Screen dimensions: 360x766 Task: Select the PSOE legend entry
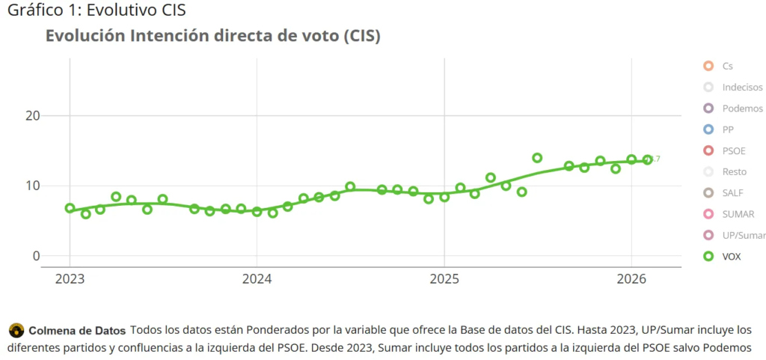click(x=733, y=150)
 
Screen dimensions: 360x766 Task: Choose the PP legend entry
click(x=728, y=129)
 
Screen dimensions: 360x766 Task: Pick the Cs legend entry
click(x=727, y=66)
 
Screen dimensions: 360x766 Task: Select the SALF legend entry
click(x=732, y=193)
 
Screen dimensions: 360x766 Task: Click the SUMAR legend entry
click(x=738, y=214)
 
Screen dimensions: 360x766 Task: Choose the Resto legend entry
click(x=734, y=171)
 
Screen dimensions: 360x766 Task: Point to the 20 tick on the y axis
click(x=32, y=116)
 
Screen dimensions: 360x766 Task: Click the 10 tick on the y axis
click(x=32, y=186)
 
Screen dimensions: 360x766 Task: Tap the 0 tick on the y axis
click(x=35, y=256)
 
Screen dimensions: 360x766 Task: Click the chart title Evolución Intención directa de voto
click(x=213, y=36)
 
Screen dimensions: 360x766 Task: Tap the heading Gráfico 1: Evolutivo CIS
click(x=96, y=10)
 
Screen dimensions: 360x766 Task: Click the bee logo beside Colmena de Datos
click(x=16, y=330)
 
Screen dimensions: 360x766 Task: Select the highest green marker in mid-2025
click(x=537, y=158)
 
